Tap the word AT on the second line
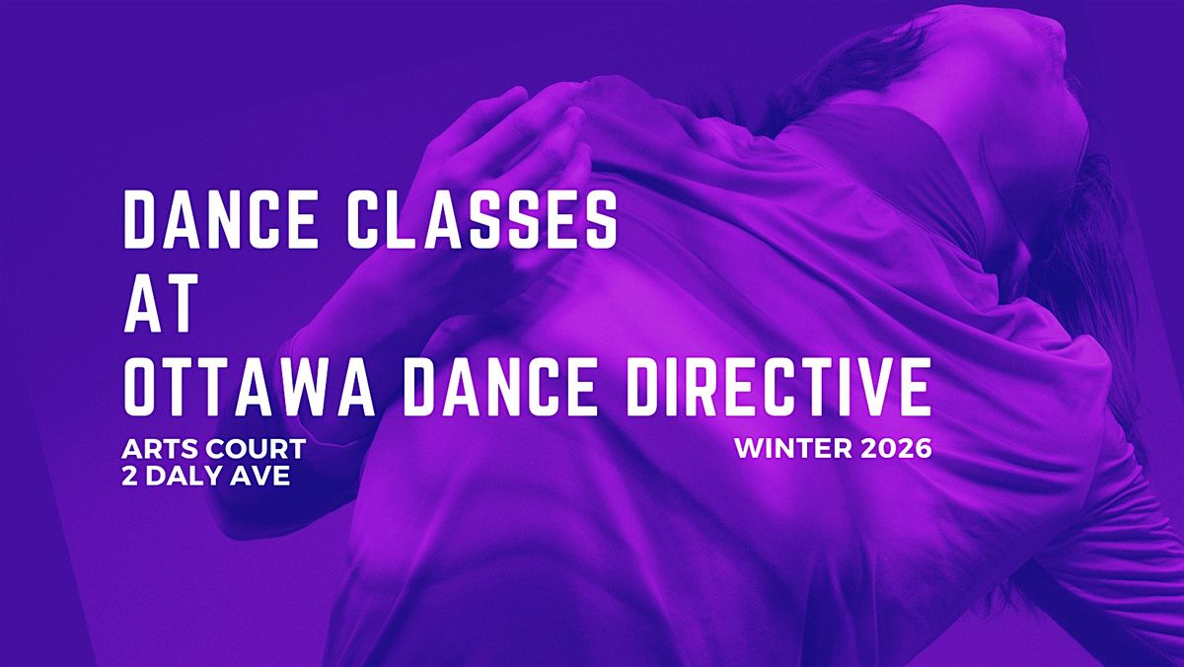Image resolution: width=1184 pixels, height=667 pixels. (161, 303)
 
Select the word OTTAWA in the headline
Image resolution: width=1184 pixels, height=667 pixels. (249, 387)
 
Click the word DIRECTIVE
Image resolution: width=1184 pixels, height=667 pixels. (779, 387)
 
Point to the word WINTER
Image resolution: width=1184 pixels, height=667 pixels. (793, 449)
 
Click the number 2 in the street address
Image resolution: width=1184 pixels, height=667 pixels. (129, 477)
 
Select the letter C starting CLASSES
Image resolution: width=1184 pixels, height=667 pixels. (365, 219)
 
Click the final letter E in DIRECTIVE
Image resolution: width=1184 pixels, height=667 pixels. (915, 387)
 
